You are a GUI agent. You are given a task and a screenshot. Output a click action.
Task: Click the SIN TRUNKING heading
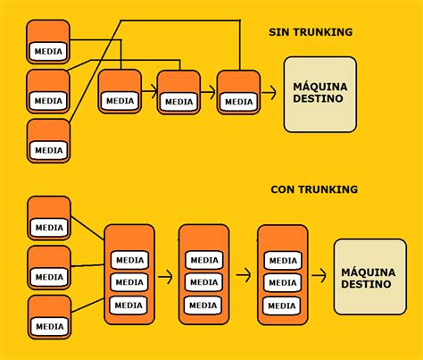point(311,32)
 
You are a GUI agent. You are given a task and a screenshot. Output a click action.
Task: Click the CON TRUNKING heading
point(314,189)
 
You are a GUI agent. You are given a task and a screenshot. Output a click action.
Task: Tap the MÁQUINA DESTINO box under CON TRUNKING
point(369,276)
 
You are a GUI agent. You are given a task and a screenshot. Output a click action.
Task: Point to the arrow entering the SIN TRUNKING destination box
point(269,91)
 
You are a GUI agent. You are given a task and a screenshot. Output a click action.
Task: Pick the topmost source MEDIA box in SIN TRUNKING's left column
point(48,42)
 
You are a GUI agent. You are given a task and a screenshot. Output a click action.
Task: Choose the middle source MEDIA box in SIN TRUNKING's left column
point(48,91)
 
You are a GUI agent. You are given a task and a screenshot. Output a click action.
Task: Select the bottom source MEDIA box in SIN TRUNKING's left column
point(48,140)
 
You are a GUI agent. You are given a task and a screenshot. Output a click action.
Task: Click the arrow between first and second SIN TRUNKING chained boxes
point(149,90)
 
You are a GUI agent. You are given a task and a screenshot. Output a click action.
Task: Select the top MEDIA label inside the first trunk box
point(129,260)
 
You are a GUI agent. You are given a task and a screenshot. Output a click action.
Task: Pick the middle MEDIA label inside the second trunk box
point(204,282)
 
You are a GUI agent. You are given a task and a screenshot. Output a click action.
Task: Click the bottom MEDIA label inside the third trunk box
point(282,306)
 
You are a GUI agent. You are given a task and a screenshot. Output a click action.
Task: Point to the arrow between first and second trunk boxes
point(165,277)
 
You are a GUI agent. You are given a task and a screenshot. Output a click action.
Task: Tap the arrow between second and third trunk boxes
point(242,277)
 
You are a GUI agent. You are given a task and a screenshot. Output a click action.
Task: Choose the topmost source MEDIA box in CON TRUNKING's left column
point(49,218)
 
